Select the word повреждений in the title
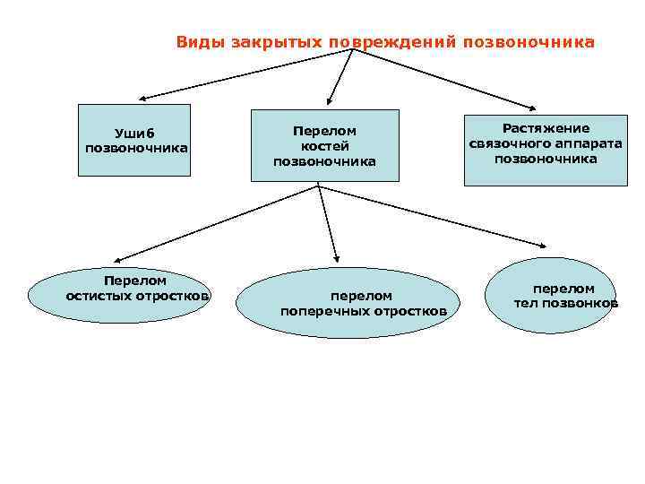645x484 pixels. coord(392,41)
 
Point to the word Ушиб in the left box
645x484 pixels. coord(135,134)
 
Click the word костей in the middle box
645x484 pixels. coord(324,145)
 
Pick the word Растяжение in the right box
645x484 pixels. coord(546,127)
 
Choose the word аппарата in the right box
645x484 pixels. coord(588,143)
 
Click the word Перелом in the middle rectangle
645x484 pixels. coord(324,130)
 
